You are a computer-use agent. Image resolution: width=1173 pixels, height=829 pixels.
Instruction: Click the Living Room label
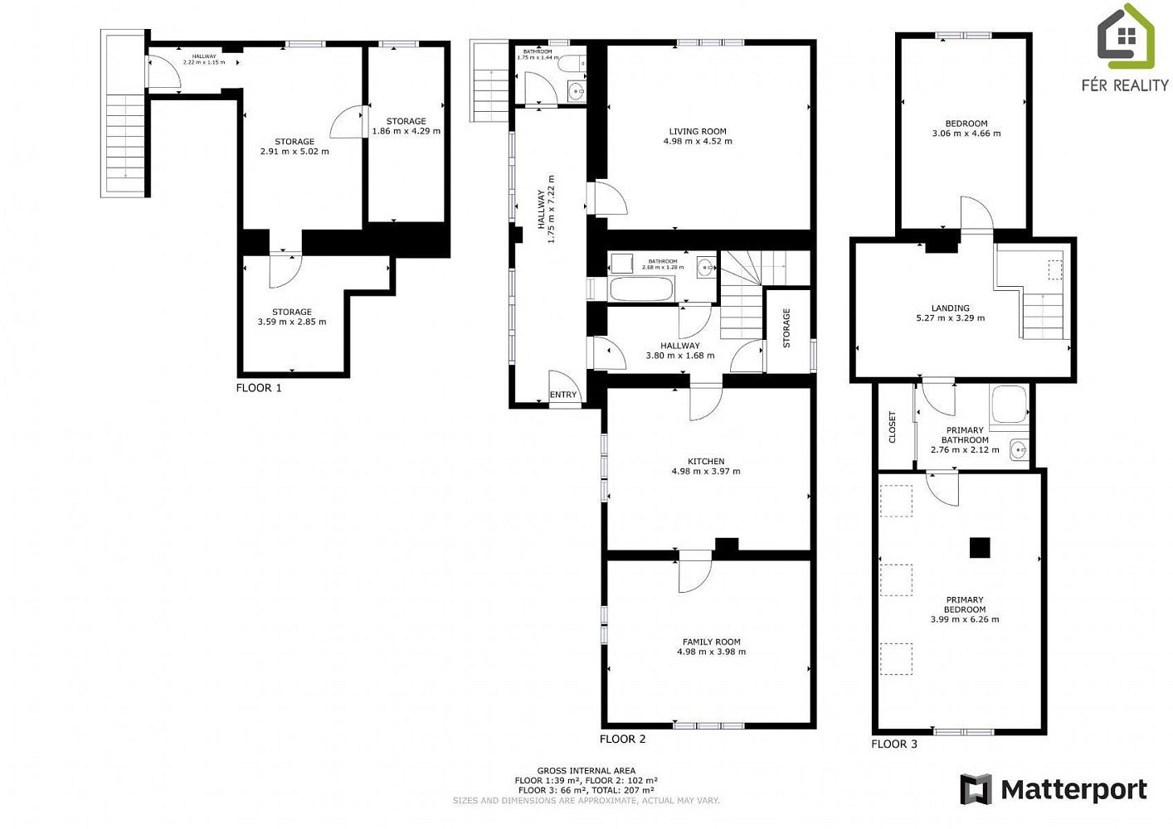[698, 131]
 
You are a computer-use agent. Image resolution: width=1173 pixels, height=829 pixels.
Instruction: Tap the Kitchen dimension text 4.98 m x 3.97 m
[706, 471]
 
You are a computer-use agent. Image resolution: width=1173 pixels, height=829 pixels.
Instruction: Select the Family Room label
[711, 642]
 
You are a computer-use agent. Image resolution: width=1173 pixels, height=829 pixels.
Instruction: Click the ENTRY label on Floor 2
[563, 395]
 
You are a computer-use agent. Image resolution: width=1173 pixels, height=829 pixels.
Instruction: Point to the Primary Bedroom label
[965, 604]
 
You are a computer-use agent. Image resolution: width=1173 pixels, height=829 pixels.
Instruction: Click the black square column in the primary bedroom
[979, 548]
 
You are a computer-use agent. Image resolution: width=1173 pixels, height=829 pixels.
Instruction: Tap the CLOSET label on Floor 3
[893, 427]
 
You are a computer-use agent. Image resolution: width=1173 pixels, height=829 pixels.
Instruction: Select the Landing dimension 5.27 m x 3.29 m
[951, 318]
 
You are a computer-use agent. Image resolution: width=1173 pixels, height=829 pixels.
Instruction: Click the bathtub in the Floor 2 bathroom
[641, 288]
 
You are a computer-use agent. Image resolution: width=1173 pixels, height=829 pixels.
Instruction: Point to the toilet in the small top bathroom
[572, 64]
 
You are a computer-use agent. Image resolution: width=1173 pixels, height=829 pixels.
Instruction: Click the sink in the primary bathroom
[1019, 449]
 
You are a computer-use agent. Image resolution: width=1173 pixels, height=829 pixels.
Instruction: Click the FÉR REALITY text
[1126, 85]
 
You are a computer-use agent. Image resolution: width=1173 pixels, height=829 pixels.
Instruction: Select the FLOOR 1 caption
[259, 388]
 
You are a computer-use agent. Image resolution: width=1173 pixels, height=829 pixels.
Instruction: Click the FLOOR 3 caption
[894, 744]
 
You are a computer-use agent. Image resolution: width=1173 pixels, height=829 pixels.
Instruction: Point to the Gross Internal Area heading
[586, 770]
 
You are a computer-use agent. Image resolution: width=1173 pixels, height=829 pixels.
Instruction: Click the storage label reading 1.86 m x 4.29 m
[406, 131]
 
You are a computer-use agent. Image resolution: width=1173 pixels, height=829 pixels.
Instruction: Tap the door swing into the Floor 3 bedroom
[977, 213]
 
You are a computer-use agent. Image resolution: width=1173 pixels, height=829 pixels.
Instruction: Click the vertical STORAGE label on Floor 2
[786, 328]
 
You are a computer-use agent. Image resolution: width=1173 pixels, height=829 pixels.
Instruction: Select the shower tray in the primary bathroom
[1009, 404]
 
